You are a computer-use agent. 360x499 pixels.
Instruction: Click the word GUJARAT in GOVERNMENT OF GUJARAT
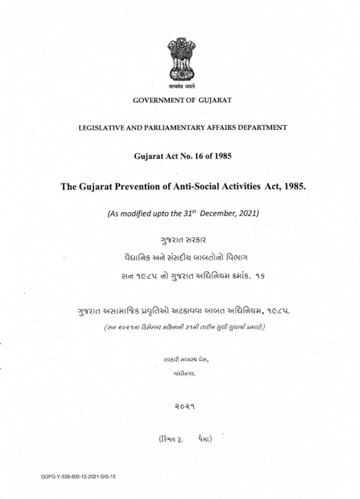[x=214, y=100]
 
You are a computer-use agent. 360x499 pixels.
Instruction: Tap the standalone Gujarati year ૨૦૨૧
[x=182, y=405]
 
